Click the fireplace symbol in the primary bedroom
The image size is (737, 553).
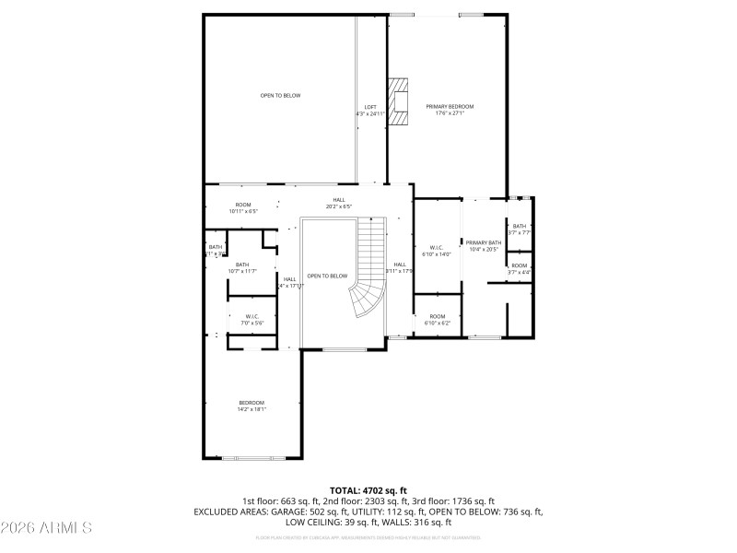pyautogui.click(x=398, y=100)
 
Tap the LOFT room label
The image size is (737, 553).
pyautogui.click(x=369, y=108)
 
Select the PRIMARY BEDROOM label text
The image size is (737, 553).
pyautogui.click(x=449, y=108)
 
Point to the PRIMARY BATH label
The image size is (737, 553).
pyautogui.click(x=483, y=242)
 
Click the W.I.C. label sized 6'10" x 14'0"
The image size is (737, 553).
pyautogui.click(x=436, y=247)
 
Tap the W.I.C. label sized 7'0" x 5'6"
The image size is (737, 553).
pyautogui.click(x=252, y=316)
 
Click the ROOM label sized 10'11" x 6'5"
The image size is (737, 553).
pyautogui.click(x=243, y=205)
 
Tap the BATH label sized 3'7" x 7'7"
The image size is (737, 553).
pyautogui.click(x=520, y=227)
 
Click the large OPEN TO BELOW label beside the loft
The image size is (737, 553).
pyautogui.click(x=280, y=95)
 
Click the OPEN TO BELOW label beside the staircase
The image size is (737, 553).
pyautogui.click(x=327, y=276)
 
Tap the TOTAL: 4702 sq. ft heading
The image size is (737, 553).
pyautogui.click(x=368, y=490)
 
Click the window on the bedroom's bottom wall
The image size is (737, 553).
pyautogui.click(x=253, y=458)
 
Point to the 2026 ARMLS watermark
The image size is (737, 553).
pyautogui.click(x=46, y=528)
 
